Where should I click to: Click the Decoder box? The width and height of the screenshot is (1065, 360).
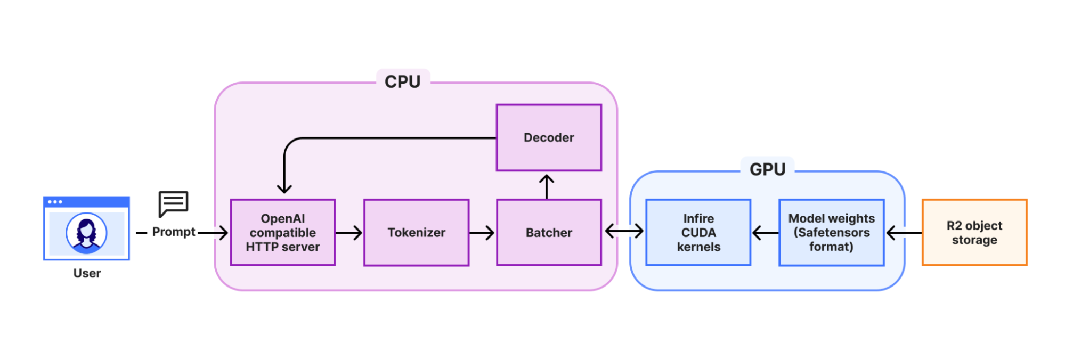pyautogui.click(x=549, y=137)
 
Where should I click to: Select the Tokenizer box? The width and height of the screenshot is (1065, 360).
pyautogui.click(x=416, y=232)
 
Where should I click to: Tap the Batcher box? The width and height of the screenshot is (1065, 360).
pyautogui.click(x=549, y=232)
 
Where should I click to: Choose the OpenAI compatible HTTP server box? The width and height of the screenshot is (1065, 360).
pyautogui.click(x=282, y=232)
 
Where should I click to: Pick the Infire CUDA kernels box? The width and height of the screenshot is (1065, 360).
pyautogui.click(x=698, y=232)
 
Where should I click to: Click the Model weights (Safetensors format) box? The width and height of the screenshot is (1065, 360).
pyautogui.click(x=831, y=232)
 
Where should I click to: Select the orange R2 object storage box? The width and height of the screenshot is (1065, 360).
pyautogui.click(x=974, y=232)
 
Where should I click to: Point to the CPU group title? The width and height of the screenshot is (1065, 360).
pyautogui.click(x=403, y=81)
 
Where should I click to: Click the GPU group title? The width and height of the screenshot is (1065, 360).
pyautogui.click(x=767, y=169)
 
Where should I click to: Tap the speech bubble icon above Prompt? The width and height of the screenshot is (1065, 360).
pyautogui.click(x=173, y=203)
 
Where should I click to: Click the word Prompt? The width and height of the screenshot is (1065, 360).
pyautogui.click(x=174, y=232)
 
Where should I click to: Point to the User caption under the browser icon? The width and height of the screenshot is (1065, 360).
pyautogui.click(x=87, y=273)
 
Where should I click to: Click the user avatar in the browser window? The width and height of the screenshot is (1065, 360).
pyautogui.click(x=86, y=233)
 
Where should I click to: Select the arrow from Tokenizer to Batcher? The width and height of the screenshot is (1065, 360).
pyautogui.click(x=483, y=233)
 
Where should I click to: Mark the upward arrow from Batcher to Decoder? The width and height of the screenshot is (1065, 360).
pyautogui.click(x=547, y=186)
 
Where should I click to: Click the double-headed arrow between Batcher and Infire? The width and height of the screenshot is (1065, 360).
pyautogui.click(x=624, y=231)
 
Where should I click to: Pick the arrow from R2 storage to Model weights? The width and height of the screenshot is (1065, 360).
pyautogui.click(x=904, y=233)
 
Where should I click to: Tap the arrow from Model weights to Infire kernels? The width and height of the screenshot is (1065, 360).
pyautogui.click(x=765, y=233)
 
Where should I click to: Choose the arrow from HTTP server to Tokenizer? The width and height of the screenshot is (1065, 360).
pyautogui.click(x=349, y=233)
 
